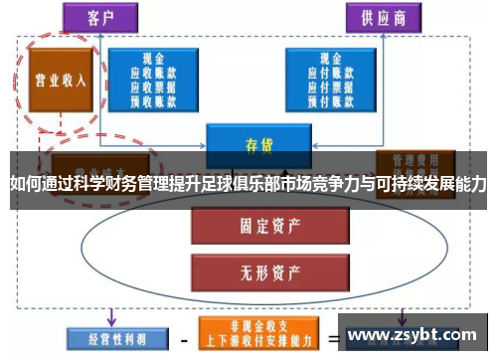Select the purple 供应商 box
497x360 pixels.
point(382,17)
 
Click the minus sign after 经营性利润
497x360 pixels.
point(182,336)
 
